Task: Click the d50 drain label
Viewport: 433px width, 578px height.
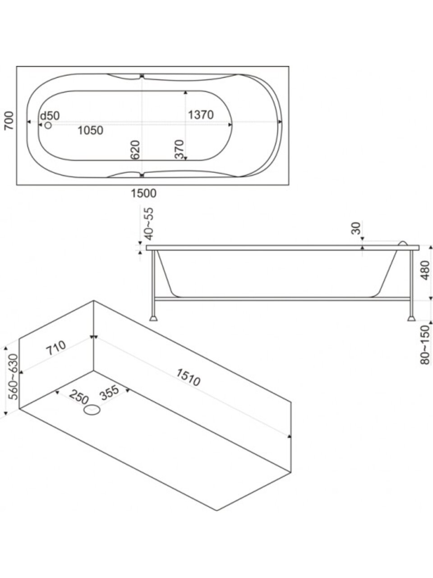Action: tap(50, 116)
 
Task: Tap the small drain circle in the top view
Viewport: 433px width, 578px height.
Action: tap(48, 125)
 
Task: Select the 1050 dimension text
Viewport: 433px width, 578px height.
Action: tap(90, 131)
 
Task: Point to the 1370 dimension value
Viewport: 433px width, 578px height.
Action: tap(201, 115)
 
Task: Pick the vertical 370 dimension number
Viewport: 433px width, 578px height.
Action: tap(179, 149)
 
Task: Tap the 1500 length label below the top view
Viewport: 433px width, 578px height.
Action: tap(144, 194)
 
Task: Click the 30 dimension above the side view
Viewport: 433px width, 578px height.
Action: tap(357, 229)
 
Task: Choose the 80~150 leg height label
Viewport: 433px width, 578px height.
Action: tap(425, 345)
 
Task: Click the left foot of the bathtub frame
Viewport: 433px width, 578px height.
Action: tap(154, 318)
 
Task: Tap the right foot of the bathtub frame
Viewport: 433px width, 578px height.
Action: tap(411, 318)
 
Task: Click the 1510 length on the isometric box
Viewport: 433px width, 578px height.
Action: tap(188, 378)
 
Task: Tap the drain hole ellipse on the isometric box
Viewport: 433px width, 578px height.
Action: tap(92, 410)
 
